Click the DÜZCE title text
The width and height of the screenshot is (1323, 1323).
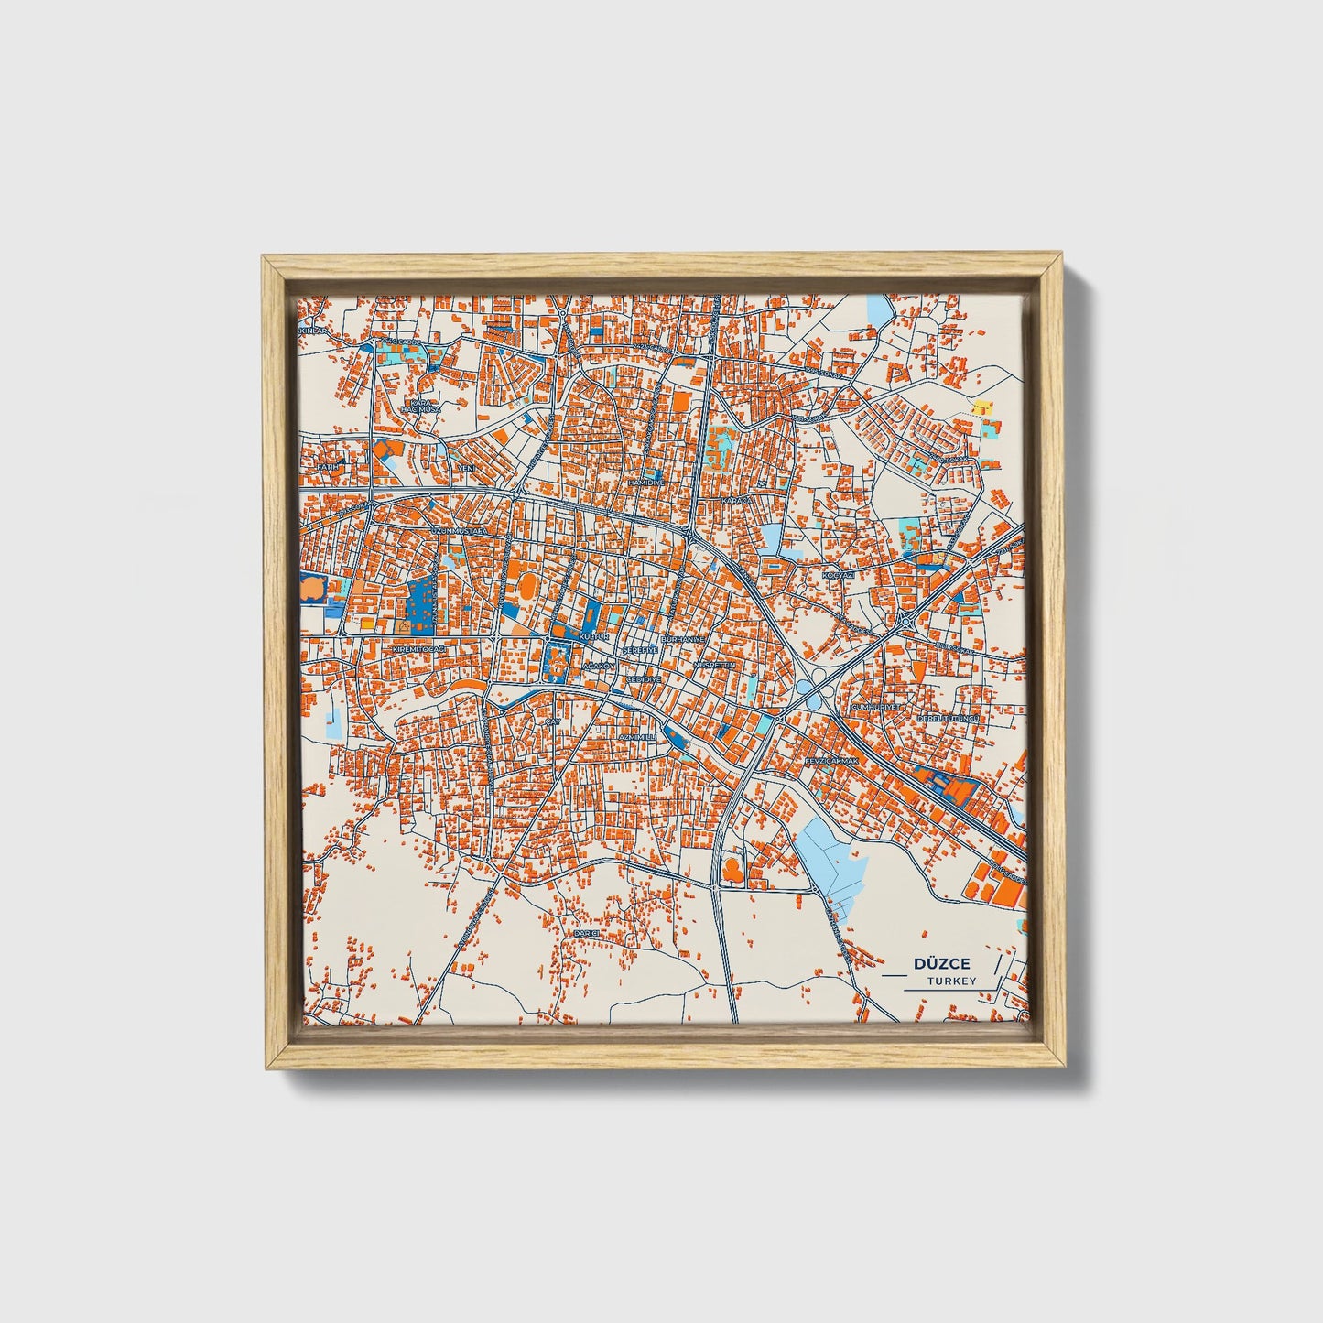coord(942,964)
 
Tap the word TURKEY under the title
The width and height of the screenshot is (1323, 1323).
coord(951,981)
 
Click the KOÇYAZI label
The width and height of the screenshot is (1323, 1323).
coord(838,574)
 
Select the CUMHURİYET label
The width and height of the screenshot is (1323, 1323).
coord(877,707)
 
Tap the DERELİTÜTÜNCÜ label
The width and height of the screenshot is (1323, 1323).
coord(949,719)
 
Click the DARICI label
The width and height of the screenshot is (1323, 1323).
coord(585,932)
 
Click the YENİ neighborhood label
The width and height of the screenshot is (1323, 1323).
coord(467,468)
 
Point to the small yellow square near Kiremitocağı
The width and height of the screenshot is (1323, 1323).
coord(366,623)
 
